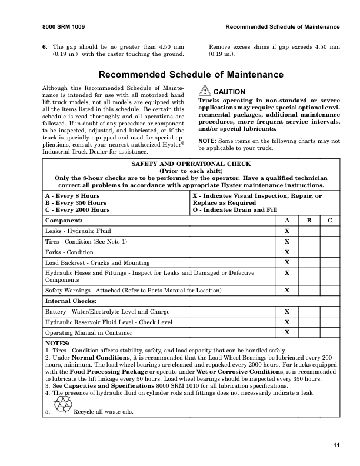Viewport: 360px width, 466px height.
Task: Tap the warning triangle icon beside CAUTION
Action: point(204,91)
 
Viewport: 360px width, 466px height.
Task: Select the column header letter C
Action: point(330,220)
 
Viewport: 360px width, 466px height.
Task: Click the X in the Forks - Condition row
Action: point(287,252)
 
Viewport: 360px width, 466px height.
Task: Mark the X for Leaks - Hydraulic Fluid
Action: point(287,231)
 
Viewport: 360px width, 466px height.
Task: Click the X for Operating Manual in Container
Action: point(287,332)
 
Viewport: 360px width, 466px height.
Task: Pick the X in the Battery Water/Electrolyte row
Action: point(287,311)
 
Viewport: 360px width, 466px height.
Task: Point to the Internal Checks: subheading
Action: point(71,301)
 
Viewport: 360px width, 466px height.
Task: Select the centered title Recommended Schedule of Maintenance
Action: point(191,75)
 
